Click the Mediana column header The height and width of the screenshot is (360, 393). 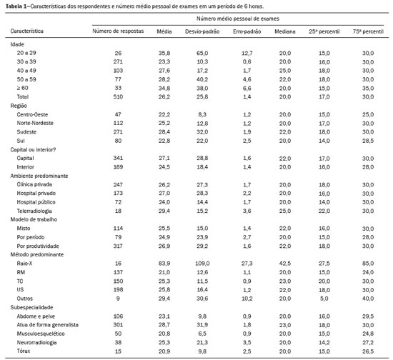(284, 31)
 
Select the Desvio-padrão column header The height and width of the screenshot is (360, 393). (202, 31)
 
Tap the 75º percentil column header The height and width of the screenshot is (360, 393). (368, 31)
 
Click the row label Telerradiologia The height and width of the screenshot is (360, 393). (34, 211)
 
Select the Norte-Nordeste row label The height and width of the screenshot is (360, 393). (35, 123)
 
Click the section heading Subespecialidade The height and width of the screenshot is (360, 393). (31, 307)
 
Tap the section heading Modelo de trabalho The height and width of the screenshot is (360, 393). (34, 219)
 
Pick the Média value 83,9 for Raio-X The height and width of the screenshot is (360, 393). (164, 264)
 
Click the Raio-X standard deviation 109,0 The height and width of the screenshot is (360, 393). (202, 264)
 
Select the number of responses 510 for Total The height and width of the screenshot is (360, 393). (118, 96)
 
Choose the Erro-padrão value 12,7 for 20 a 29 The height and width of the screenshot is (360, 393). (247, 53)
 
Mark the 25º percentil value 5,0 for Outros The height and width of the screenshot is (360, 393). (324, 299)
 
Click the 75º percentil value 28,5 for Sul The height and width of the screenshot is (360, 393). (368, 141)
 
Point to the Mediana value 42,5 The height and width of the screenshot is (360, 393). (285, 264)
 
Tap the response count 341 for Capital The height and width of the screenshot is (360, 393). (118, 158)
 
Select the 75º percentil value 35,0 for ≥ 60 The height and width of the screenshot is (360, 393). (368, 88)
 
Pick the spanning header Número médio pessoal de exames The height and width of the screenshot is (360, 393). (238, 19)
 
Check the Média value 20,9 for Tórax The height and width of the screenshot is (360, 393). (164, 351)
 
